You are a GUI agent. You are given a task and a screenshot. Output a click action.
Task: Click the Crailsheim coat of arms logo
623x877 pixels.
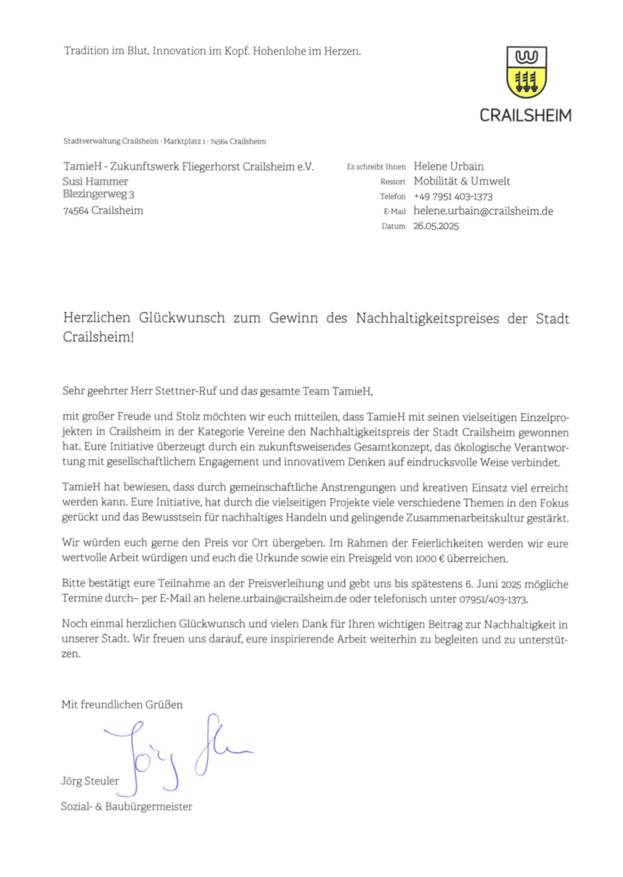click(x=526, y=72)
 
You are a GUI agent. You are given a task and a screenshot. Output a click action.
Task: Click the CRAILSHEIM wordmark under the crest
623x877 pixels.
click(x=525, y=116)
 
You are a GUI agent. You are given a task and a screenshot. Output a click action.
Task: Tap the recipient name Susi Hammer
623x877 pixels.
click(x=95, y=181)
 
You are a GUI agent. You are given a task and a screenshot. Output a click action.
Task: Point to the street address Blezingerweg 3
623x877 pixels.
click(x=99, y=194)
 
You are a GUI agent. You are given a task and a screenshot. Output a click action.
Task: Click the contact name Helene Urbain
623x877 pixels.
click(x=448, y=167)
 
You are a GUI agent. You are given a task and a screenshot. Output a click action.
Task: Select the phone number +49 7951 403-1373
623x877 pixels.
click(x=453, y=197)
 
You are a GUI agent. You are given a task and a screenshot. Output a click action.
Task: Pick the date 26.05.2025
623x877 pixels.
click(x=436, y=226)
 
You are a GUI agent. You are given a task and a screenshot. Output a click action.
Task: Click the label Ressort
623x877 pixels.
click(x=393, y=182)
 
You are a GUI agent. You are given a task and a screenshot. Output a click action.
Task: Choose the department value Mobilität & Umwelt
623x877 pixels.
click(x=462, y=181)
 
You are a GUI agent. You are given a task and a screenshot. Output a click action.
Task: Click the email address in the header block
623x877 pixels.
click(x=483, y=211)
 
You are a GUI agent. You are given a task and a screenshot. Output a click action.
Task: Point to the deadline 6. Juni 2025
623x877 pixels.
click(x=493, y=584)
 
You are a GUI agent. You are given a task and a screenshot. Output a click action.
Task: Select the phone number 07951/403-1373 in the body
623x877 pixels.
click(x=493, y=599)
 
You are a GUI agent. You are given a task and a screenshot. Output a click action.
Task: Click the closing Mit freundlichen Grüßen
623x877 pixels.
click(x=122, y=705)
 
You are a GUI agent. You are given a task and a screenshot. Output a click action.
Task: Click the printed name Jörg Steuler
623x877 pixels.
click(x=90, y=781)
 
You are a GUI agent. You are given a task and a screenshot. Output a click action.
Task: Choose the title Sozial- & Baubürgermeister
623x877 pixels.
click(x=126, y=807)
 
